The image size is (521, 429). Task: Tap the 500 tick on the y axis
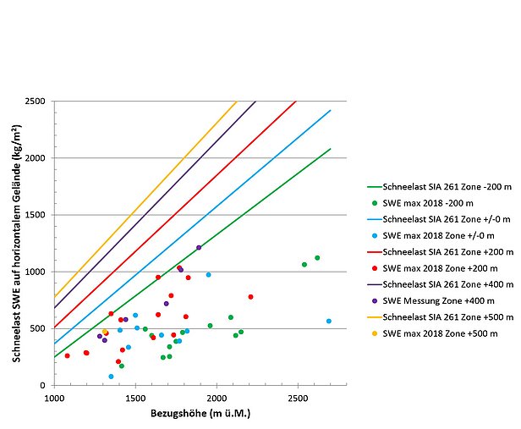[40, 329]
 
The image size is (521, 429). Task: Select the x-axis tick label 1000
[54, 397]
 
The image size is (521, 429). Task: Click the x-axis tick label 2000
[216, 397]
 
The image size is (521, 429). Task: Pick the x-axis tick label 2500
[297, 397]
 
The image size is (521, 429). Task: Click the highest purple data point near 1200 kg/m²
[199, 248]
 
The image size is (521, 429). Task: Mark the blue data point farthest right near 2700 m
[329, 321]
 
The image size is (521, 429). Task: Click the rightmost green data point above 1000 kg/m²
[317, 257]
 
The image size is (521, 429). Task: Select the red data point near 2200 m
[250, 297]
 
